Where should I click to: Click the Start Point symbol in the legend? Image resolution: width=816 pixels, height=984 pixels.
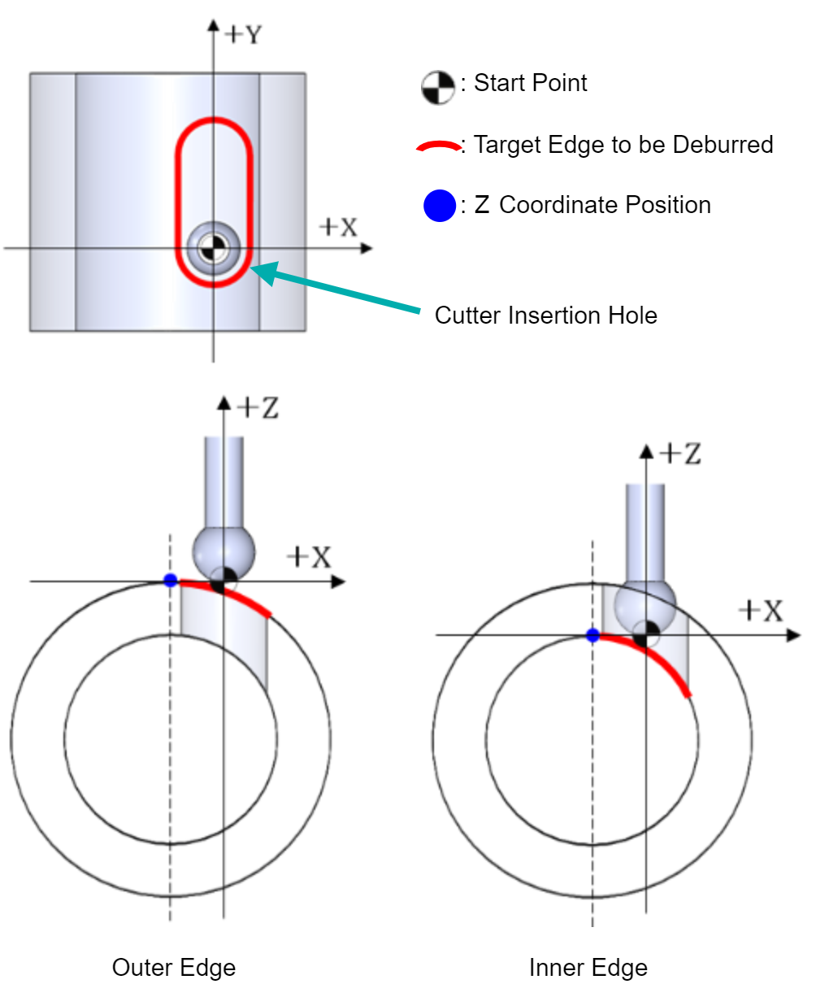[438, 88]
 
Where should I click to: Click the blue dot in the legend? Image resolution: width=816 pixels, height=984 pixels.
[439, 206]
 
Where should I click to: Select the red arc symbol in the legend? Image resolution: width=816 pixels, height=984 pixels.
[438, 146]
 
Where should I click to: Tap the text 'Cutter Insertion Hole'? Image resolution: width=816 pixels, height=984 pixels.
[545, 316]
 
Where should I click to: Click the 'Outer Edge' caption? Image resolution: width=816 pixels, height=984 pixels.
[173, 968]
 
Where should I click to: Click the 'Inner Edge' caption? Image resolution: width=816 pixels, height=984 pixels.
[588, 968]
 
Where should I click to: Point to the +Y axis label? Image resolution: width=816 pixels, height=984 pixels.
[243, 35]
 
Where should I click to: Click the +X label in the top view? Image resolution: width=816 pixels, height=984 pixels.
[338, 227]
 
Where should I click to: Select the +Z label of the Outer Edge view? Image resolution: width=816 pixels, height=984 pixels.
[258, 407]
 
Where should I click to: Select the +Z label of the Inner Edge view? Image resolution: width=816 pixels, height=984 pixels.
[679, 454]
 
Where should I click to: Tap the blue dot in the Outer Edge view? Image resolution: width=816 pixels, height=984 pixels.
[170, 580]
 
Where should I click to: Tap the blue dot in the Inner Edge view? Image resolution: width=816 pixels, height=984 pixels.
[592, 635]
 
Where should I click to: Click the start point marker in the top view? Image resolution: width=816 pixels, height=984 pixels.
[214, 248]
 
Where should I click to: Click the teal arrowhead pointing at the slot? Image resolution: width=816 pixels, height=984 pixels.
[265, 272]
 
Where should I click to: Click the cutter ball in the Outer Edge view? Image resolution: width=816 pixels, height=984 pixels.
[224, 552]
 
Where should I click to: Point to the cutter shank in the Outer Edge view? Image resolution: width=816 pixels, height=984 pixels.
[224, 481]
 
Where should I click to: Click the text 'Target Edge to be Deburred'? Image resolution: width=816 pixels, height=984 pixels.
[623, 144]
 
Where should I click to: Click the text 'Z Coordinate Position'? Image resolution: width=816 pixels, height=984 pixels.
[592, 205]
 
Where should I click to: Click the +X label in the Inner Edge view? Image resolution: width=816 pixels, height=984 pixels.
[761, 611]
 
